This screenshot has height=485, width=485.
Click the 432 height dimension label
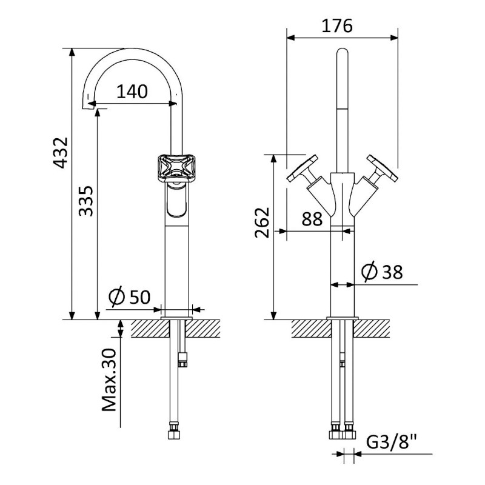tap(61, 153)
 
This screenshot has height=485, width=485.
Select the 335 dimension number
tap(85, 201)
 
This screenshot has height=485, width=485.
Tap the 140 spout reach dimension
tap(132, 92)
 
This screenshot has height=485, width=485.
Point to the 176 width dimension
tap(337, 25)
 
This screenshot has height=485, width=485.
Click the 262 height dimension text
tap(262, 222)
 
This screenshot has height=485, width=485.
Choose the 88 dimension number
tap(312, 219)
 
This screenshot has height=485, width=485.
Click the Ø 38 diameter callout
tap(382, 272)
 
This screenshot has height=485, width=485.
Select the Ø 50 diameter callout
tap(130, 296)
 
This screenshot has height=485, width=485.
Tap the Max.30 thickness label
tap(109, 380)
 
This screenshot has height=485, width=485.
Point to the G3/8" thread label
tap(392, 442)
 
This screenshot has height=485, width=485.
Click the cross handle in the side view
tap(173, 168)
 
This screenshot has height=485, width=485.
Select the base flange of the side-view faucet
tap(176, 318)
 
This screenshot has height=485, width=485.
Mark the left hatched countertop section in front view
tap(311, 328)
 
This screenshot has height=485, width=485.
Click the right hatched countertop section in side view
tap(202, 328)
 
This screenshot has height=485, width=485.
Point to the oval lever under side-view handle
tap(176, 199)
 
